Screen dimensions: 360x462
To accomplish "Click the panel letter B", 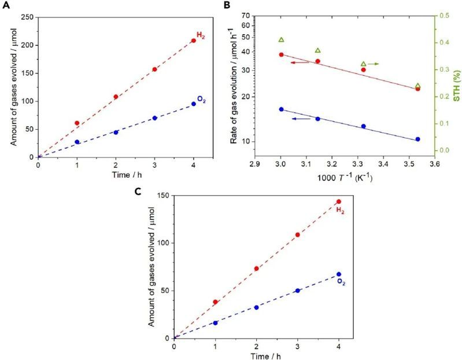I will tap(235, 5).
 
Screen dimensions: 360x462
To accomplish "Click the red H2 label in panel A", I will tap(201, 36).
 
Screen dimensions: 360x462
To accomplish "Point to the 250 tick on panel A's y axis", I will tap(27, 17).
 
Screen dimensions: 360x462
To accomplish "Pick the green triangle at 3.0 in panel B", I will tap(281, 40).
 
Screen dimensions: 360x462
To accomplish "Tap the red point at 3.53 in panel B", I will tap(417, 89).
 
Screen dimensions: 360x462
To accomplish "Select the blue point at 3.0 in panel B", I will tap(281, 109).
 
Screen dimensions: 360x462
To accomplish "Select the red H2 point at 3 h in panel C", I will tap(298, 235).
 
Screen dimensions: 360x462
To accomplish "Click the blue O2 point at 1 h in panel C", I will tap(215, 322).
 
